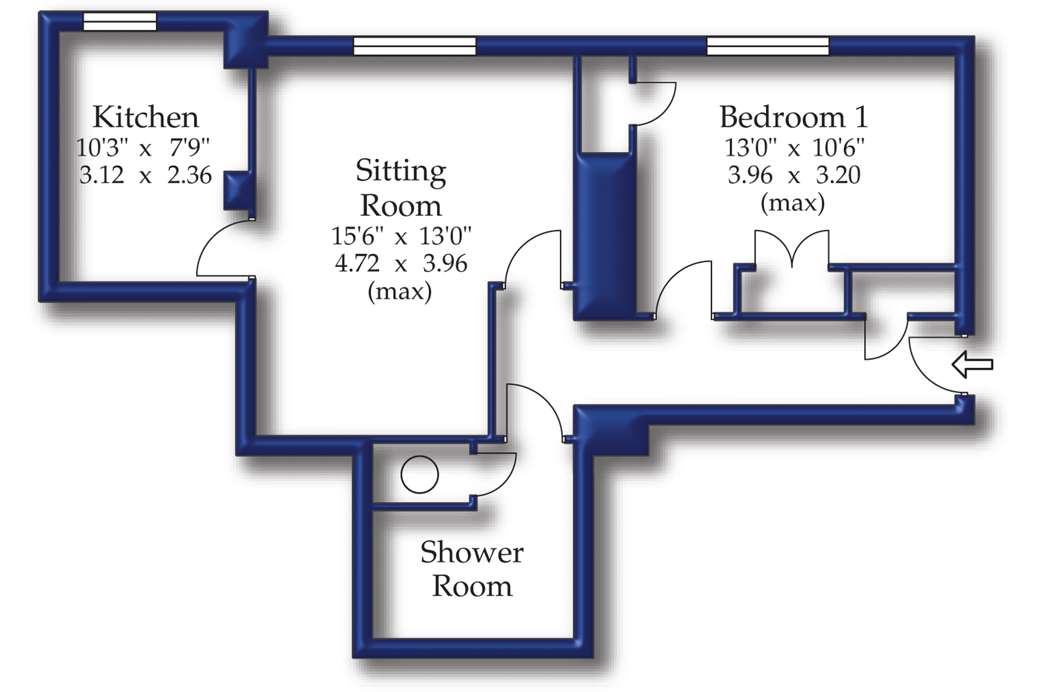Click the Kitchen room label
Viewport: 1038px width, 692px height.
pyautogui.click(x=145, y=117)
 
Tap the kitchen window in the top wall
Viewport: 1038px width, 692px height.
pyautogui.click(x=120, y=22)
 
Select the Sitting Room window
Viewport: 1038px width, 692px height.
pyautogui.click(x=415, y=46)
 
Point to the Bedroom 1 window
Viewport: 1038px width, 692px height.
pyautogui.click(x=768, y=46)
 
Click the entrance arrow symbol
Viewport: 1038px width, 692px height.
pyautogui.click(x=972, y=364)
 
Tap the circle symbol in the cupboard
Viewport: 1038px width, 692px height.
pyautogui.click(x=419, y=474)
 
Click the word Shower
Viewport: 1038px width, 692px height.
pyautogui.click(x=472, y=553)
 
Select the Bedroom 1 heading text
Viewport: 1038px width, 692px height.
pyautogui.click(x=793, y=117)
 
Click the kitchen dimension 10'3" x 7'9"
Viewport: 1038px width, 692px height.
pyautogui.click(x=143, y=147)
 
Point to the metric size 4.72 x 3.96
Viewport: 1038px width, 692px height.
pyautogui.click(x=401, y=264)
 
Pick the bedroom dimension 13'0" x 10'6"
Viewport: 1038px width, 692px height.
pyautogui.click(x=794, y=147)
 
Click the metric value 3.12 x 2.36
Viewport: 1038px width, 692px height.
pyautogui.click(x=145, y=175)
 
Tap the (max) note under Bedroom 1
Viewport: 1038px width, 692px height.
pyautogui.click(x=792, y=202)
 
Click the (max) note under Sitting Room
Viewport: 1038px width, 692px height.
pyautogui.click(x=400, y=291)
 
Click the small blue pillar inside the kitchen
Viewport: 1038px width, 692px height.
pyautogui.click(x=237, y=190)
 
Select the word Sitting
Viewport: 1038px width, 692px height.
pyautogui.click(x=401, y=171)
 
